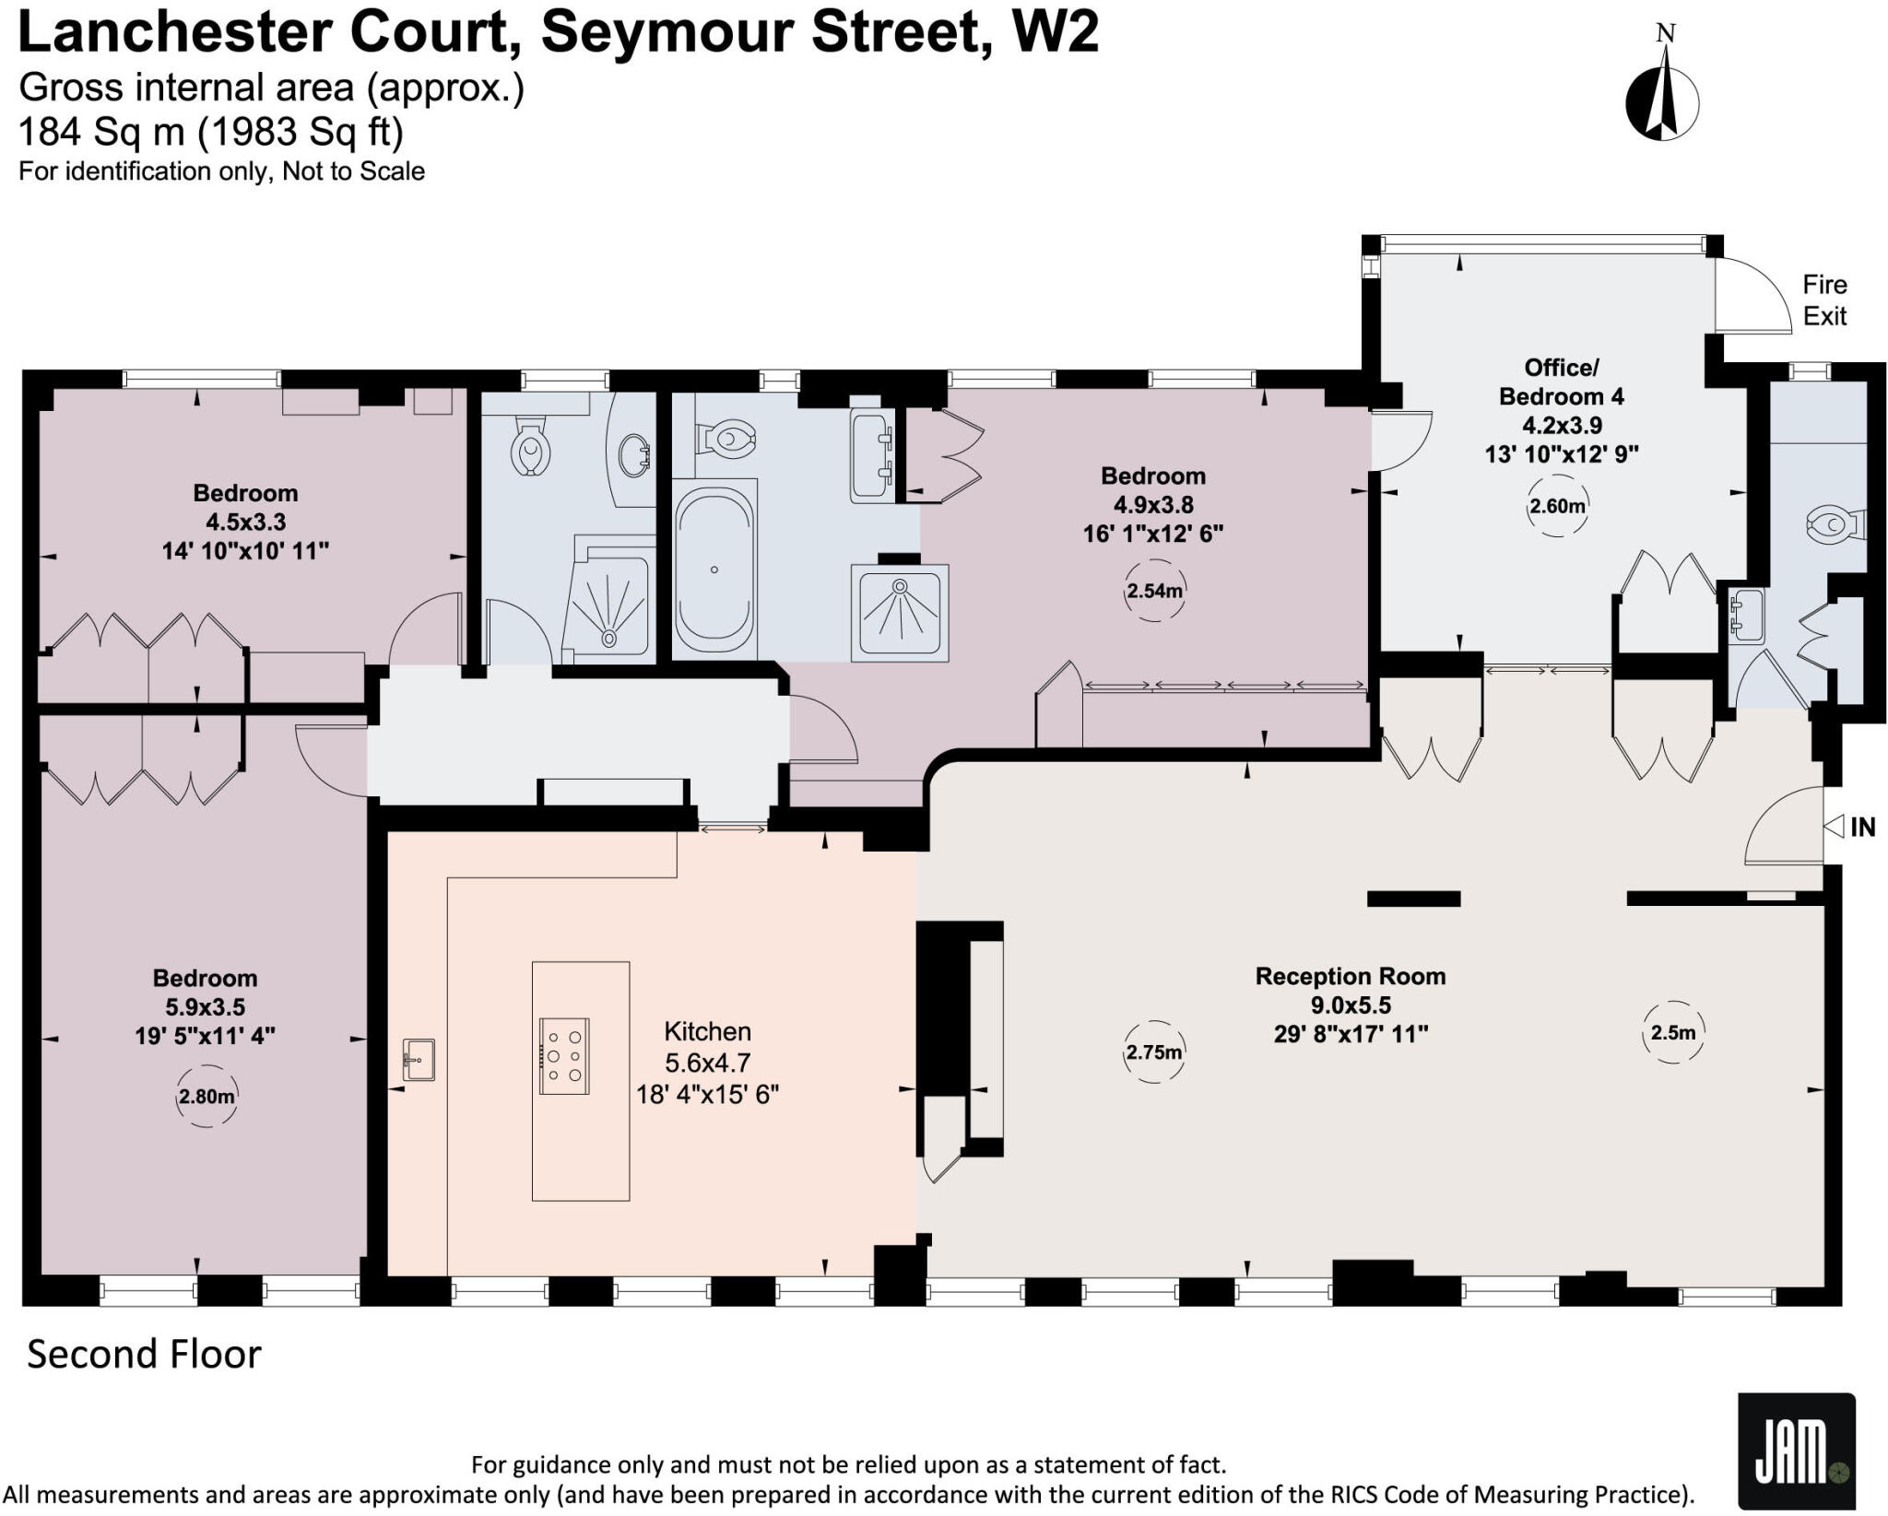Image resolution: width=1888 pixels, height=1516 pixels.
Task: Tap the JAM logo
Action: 1796,1450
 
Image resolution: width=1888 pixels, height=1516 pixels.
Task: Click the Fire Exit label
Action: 1824,300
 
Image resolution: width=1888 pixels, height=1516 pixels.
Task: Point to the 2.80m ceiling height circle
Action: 206,1097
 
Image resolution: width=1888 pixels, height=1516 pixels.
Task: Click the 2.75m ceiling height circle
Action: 1153,1052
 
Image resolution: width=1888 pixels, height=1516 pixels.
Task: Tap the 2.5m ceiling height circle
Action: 1672,1032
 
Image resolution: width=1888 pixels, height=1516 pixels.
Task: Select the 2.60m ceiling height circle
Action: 1557,506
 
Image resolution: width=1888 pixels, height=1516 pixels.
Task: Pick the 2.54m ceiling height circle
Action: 1154,591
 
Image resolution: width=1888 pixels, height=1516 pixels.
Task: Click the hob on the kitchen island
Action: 564,1056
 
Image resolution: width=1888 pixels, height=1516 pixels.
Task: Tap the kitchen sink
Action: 419,1060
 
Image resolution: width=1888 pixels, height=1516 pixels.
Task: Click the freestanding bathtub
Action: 715,570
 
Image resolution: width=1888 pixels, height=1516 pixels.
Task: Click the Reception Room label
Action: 1351,976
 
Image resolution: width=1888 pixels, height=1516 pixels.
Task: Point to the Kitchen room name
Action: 708,1031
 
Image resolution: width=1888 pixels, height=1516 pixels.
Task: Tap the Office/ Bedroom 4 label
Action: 1561,382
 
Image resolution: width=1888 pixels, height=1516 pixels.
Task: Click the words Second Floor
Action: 145,1355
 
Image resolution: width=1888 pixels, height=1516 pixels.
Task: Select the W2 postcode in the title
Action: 1056,32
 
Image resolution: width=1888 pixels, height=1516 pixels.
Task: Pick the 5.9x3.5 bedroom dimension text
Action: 206,1006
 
